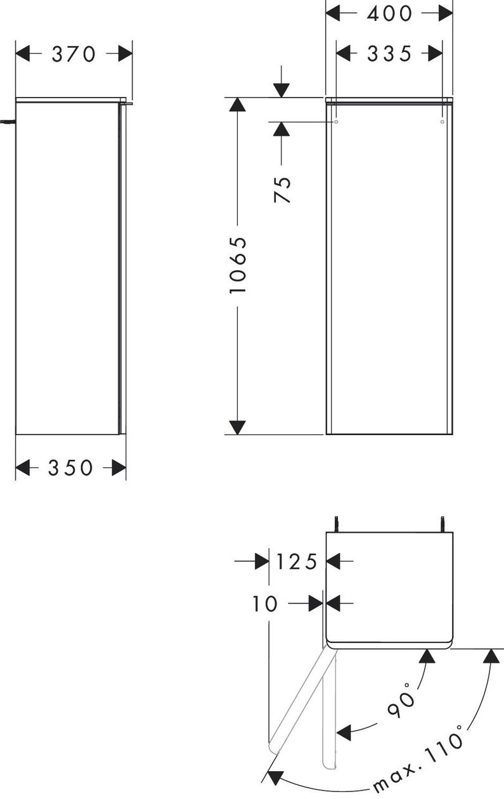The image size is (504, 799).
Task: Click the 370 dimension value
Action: tap(74, 55)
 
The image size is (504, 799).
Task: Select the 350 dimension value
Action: tap(70, 467)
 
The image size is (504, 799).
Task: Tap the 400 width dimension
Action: tap(389, 13)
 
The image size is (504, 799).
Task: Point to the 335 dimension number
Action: tap(389, 54)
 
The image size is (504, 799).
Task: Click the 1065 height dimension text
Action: tap(238, 265)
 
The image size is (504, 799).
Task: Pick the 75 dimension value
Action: tap(283, 190)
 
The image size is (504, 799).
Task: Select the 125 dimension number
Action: tap(297, 561)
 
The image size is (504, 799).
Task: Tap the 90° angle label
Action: tap(401, 700)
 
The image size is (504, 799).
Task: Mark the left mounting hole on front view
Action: tap(335, 122)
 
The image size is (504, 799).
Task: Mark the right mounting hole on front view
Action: tap(443, 122)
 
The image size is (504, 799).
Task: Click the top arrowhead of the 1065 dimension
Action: tap(238, 104)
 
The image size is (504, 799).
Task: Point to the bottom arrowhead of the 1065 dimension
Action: tap(238, 427)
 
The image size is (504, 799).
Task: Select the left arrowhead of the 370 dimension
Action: tap(23, 54)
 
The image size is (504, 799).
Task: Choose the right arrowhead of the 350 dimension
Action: tap(119, 467)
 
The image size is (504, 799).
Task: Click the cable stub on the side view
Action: tap(8, 122)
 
